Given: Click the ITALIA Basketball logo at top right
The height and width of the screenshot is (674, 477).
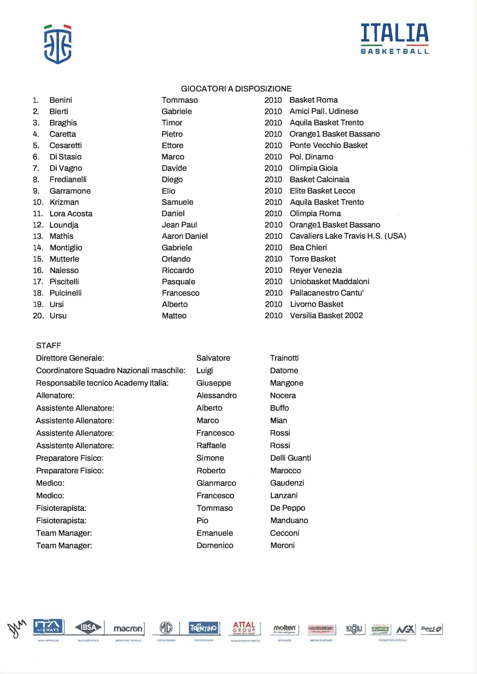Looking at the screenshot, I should pos(395,39).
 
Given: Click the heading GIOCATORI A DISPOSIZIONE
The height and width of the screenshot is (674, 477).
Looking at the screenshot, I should pos(236,89).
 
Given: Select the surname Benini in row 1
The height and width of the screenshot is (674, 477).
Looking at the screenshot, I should pos(61,100).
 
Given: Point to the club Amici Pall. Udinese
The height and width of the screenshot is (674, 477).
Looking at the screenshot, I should pos(324,111).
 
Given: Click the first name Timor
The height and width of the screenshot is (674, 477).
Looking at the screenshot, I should pos(172,123).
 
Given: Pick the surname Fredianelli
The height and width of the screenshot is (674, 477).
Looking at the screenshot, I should pos(68,179).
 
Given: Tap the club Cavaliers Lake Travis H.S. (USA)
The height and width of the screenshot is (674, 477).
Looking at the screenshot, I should pos(348,236).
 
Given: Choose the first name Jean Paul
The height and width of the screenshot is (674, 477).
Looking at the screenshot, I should pos(179,225).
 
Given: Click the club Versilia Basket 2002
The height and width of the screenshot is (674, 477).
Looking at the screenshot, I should pos(326,316).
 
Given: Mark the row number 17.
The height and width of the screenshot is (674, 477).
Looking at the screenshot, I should pos(38,281).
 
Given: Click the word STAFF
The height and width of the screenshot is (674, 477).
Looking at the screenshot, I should pos(48,345).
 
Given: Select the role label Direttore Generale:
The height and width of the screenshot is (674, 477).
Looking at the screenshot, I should pos(70,358).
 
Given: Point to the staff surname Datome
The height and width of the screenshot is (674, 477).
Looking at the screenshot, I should pos(284,370).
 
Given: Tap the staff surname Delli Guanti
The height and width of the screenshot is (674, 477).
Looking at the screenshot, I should pos(290,458).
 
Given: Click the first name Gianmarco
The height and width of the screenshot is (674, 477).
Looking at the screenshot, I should pos(216,483).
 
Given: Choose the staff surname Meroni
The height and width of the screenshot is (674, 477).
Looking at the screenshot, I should pos(283,546).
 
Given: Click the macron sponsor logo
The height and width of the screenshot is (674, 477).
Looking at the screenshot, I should pos(128,629).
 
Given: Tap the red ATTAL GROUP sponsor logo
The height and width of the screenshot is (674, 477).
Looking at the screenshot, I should pos(244,628).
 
